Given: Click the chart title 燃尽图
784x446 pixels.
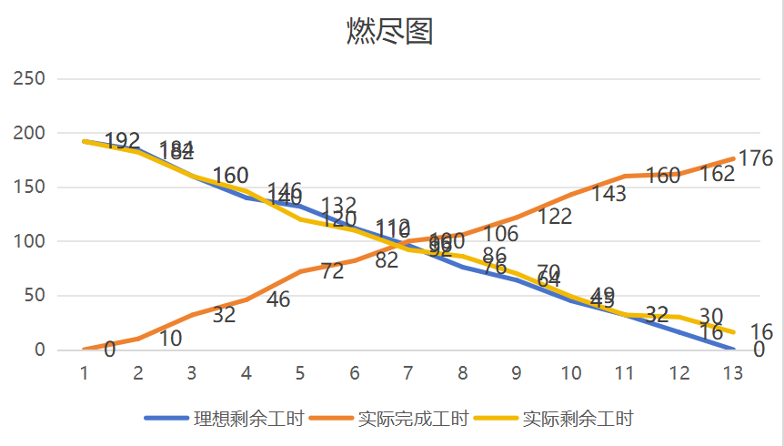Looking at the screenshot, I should [x=390, y=32].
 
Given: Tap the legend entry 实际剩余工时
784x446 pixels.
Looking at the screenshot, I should [x=578, y=419].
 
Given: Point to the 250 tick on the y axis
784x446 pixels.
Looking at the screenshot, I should [x=30, y=79].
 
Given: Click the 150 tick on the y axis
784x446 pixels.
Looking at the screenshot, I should [x=30, y=188].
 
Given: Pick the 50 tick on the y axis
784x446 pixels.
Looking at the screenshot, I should [x=34, y=296].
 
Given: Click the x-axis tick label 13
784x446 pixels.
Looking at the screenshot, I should [x=732, y=373].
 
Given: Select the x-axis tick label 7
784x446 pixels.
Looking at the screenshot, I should [x=408, y=373].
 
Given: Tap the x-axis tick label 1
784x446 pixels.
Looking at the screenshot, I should [x=84, y=373].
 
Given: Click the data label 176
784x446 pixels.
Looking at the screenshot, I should [x=755, y=157].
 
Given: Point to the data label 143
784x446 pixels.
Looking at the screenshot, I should [x=608, y=194].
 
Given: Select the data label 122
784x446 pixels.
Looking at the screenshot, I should [x=555, y=216].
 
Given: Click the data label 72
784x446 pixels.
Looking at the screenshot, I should [x=332, y=270].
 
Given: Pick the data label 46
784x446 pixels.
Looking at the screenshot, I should [x=278, y=299].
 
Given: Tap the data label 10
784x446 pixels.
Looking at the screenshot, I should [x=170, y=339].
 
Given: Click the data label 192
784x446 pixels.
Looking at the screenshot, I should [x=123, y=141].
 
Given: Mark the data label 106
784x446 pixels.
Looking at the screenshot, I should [x=500, y=234].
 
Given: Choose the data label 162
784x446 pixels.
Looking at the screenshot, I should [x=718, y=174].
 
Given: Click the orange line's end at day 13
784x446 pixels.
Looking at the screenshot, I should [x=732, y=159].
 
